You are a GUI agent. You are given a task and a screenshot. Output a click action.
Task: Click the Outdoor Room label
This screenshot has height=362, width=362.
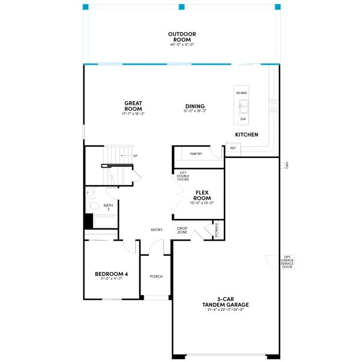182,37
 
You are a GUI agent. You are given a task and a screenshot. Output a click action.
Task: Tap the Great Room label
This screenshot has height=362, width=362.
133,106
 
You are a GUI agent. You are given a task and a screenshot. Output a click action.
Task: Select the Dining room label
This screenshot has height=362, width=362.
195,106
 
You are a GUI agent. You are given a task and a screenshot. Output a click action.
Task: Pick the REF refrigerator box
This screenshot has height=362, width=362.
233,148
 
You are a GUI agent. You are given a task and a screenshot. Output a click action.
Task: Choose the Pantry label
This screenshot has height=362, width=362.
196,154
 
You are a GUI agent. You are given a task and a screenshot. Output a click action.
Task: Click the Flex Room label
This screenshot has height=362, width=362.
202,195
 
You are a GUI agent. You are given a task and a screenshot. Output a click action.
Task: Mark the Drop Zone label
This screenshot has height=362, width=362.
182,230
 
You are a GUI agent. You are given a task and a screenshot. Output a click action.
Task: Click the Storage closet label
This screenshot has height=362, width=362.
216,230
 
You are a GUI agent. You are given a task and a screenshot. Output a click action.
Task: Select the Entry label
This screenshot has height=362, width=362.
157,229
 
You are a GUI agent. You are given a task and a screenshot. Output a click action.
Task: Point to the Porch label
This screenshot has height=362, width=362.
156,276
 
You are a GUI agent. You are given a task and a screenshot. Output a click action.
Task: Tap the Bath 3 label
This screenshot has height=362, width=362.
108,207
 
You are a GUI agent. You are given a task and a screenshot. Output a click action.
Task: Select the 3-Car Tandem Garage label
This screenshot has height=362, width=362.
226,302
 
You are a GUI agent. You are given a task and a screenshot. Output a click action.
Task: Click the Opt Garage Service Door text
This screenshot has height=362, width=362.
287,262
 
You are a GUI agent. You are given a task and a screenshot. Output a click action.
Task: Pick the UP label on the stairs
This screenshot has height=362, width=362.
135,156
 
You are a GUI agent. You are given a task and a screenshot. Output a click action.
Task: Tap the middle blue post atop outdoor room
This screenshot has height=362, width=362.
181,7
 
